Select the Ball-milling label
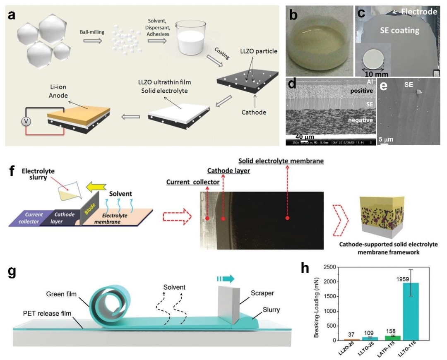92,31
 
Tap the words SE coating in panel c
400,30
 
